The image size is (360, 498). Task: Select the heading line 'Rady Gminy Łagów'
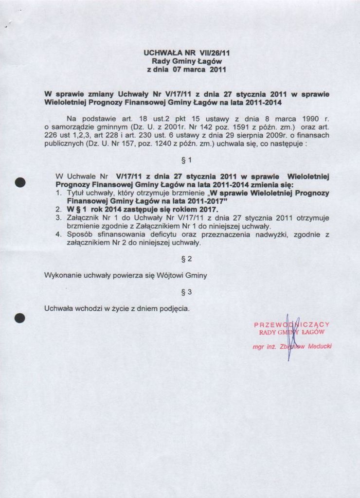(x=187, y=61)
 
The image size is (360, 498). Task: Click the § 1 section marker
(x=186, y=160)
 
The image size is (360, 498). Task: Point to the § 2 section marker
(x=186, y=259)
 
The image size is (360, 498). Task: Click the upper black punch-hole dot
(x=20, y=182)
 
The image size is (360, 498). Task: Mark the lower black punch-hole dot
(x=20, y=319)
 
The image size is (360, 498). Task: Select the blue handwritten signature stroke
(x=289, y=338)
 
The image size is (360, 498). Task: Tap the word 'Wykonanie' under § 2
(x=62, y=276)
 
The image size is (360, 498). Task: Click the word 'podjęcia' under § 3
(x=174, y=308)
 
